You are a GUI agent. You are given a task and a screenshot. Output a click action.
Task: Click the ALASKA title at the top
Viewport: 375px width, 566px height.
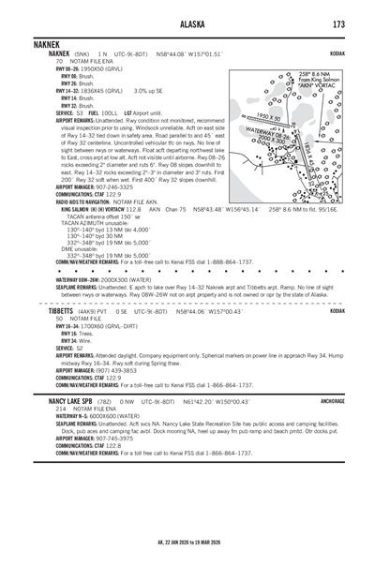187,24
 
